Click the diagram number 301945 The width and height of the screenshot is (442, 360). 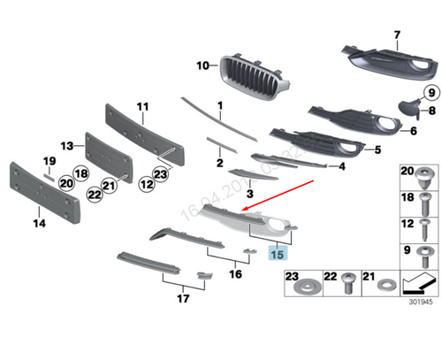pyautogui.click(x=420, y=300)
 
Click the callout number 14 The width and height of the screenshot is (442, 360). pyautogui.click(x=39, y=223)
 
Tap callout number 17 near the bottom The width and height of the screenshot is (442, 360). pyautogui.click(x=183, y=299)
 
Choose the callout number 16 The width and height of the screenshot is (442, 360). pyautogui.click(x=234, y=274)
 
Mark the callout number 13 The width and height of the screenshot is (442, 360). pyautogui.click(x=66, y=144)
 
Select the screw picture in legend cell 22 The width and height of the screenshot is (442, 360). pyautogui.click(x=350, y=285)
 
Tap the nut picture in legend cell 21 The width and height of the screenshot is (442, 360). pyautogui.click(x=385, y=287)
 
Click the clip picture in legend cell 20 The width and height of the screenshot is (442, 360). pyautogui.click(x=428, y=200)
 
